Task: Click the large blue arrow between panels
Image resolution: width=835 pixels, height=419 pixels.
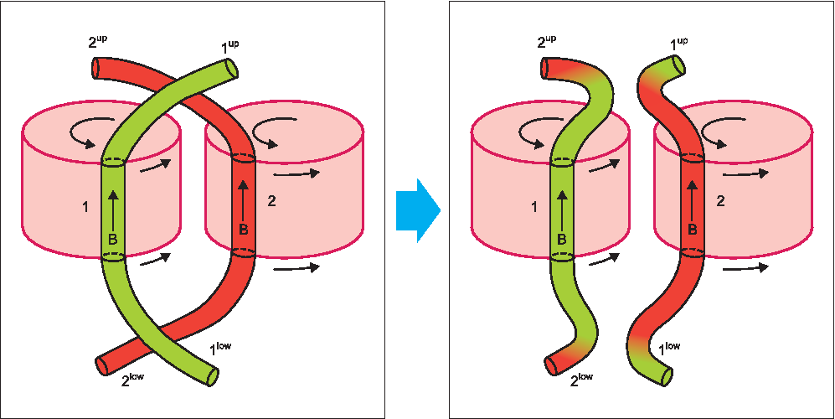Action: (x=418, y=209)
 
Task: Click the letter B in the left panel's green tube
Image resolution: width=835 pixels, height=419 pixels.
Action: (x=112, y=240)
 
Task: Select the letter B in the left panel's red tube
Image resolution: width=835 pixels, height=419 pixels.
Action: (x=243, y=229)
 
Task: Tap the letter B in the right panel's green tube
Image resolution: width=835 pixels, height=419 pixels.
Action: (x=562, y=240)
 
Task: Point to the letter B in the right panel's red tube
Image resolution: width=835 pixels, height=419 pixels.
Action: (x=693, y=229)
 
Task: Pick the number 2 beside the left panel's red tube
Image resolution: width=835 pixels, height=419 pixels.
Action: (x=271, y=201)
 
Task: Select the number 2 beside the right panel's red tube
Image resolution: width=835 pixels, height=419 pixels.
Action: (x=720, y=201)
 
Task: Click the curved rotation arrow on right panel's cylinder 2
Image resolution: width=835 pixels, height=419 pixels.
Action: (x=717, y=130)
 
